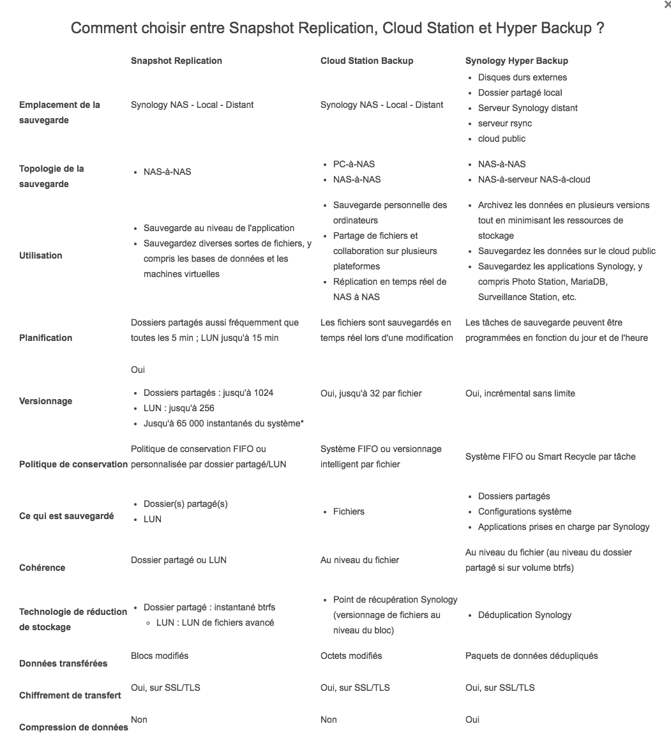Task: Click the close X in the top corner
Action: (x=667, y=4)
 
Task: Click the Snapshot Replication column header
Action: (x=176, y=61)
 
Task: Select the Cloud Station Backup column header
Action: (x=366, y=61)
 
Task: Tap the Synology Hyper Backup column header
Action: (x=516, y=61)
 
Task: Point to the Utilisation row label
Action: (x=41, y=255)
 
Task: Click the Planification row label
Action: (x=45, y=338)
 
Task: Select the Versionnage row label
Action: (x=45, y=401)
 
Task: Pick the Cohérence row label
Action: (x=42, y=568)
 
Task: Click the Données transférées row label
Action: (x=63, y=663)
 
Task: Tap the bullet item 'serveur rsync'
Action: (x=504, y=123)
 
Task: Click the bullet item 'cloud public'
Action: (x=501, y=139)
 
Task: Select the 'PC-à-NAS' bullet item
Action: (x=354, y=164)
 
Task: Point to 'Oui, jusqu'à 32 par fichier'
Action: (x=370, y=393)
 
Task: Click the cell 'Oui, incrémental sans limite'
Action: (x=520, y=393)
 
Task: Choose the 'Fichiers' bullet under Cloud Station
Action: (x=349, y=511)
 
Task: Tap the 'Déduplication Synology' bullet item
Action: (x=524, y=615)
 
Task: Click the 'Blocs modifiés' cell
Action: (x=160, y=656)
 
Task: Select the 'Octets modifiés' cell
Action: (x=351, y=656)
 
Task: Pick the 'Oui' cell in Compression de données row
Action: (x=472, y=720)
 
